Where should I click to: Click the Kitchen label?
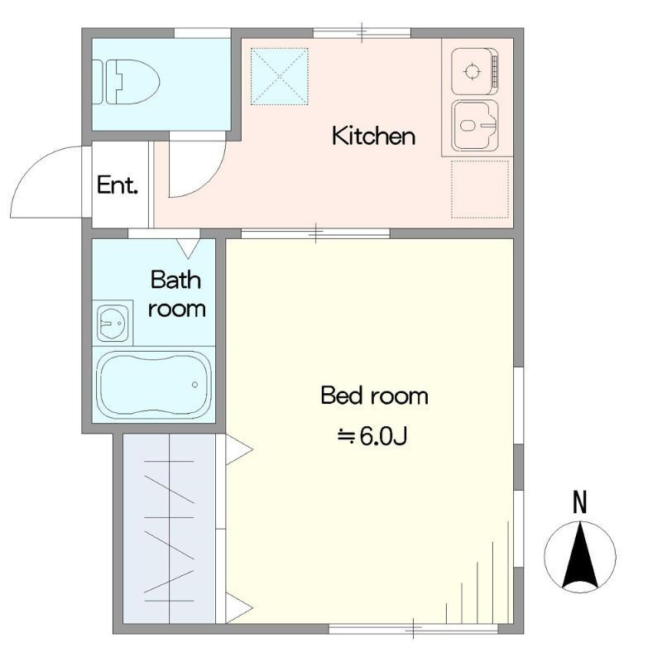tap(374, 136)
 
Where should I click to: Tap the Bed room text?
tap(375, 396)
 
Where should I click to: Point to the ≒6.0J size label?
tap(372, 437)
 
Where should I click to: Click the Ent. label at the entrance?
tap(118, 185)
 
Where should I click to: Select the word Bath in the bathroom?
tap(175, 280)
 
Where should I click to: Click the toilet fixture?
tap(126, 82)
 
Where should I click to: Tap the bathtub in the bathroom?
tap(154, 385)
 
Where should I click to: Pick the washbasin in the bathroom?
tap(113, 323)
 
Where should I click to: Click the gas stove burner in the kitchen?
tap(472, 71)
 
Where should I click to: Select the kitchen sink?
tap(474, 126)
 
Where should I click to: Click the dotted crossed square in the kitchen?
tap(280, 76)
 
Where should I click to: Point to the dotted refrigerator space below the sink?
tap(480, 189)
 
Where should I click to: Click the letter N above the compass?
tap(580, 502)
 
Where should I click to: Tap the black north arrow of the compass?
tap(580, 556)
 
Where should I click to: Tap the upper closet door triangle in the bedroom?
tap(239, 449)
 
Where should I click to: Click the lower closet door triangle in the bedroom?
tap(239, 608)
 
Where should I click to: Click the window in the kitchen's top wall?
tap(362, 33)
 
